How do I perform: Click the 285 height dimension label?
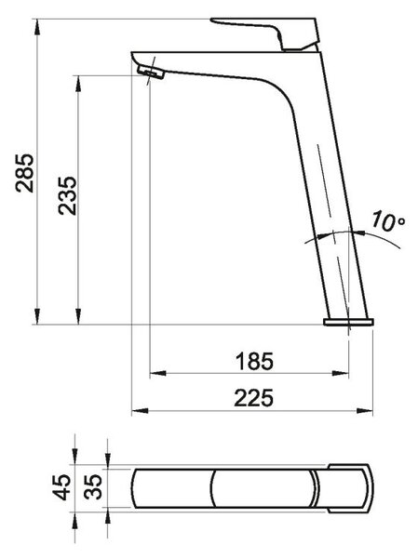tap(25, 173)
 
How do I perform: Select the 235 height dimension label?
tap(67, 195)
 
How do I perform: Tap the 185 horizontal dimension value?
tap(254, 361)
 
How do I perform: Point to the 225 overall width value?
tap(254, 398)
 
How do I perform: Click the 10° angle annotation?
tap(388, 221)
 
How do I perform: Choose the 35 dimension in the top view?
tap(93, 487)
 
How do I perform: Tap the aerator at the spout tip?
tap(151, 72)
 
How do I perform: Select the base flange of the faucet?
tap(348, 322)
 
